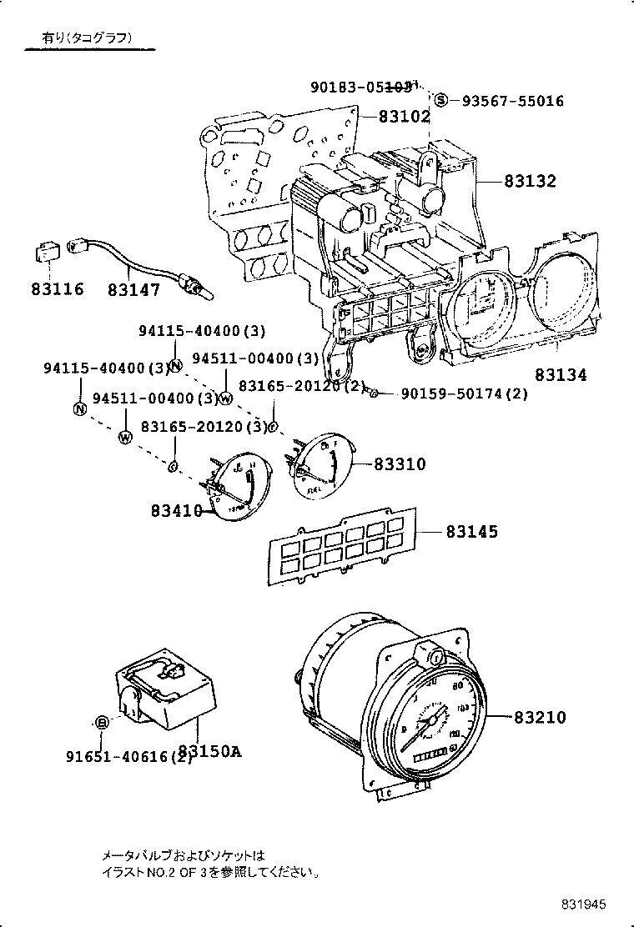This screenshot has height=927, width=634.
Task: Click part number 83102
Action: pos(405,118)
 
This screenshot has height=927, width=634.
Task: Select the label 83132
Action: pos(530,181)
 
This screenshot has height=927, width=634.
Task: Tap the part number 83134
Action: pos(561,375)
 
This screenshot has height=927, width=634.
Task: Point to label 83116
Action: pos(58,289)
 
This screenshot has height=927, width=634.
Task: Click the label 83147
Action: pos(133,289)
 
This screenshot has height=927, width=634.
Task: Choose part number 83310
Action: pos(400,463)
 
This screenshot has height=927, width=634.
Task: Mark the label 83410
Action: pos(177,509)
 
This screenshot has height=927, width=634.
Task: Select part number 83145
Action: pos(471,531)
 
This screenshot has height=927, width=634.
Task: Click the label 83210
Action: pos(540,717)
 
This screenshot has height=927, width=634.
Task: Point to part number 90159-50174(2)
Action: pos(464,393)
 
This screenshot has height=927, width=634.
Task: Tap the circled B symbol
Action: pos(101,722)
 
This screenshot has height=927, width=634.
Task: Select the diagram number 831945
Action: pos(582,904)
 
